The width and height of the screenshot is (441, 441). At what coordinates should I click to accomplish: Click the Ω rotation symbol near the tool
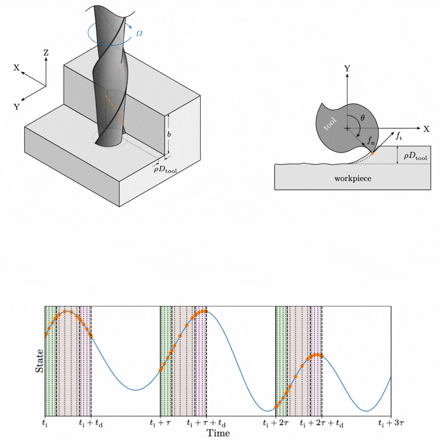pos(139,34)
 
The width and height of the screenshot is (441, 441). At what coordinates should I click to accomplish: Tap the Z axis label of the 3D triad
pos(46,53)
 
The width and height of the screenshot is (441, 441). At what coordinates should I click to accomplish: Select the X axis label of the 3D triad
pos(17,67)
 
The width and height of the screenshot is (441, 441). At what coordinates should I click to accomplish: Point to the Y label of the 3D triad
pos(17,107)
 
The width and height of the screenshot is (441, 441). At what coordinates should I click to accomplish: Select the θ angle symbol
pos(362,118)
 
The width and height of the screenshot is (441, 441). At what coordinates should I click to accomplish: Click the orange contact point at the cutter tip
pos(373,153)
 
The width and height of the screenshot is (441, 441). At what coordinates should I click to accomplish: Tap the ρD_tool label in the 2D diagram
pos(415,156)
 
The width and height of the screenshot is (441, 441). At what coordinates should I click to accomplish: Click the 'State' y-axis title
pos(39,361)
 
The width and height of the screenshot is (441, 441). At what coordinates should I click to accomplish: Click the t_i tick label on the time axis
pos(45,423)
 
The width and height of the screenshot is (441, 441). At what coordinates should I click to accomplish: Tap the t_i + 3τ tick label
pos(391,423)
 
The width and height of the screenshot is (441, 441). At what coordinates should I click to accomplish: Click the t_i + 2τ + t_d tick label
pos(322,423)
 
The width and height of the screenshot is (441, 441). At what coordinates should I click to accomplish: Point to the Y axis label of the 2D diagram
pos(347,68)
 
